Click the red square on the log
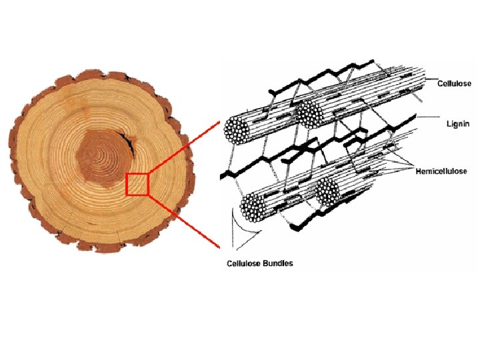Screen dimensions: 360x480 click(137, 183)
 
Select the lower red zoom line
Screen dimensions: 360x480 click(183, 221)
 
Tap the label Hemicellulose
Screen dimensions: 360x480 click(444, 171)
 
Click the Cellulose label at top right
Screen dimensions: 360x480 click(454, 83)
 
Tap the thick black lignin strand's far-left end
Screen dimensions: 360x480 click(223, 175)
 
